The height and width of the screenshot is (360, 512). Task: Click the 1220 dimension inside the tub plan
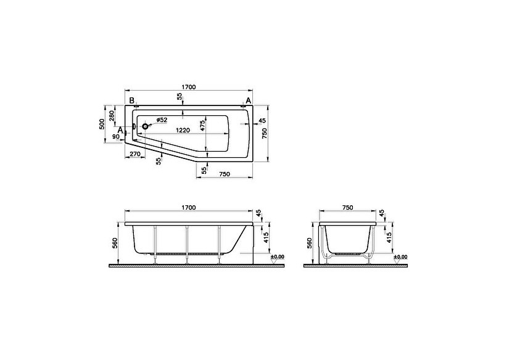[183, 130]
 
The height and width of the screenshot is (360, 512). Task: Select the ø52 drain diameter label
[162, 120]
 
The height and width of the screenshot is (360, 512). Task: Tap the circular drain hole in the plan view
[145, 126]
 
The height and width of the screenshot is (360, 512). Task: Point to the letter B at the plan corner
[132, 100]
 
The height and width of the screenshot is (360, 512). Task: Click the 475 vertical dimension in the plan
[202, 126]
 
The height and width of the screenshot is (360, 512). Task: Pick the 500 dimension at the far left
[102, 125]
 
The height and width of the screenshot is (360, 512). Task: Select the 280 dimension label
[112, 116]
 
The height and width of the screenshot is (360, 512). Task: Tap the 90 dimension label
[116, 137]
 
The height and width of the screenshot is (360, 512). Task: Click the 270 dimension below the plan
[135, 153]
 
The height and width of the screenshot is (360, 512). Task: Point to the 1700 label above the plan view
[188, 87]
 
